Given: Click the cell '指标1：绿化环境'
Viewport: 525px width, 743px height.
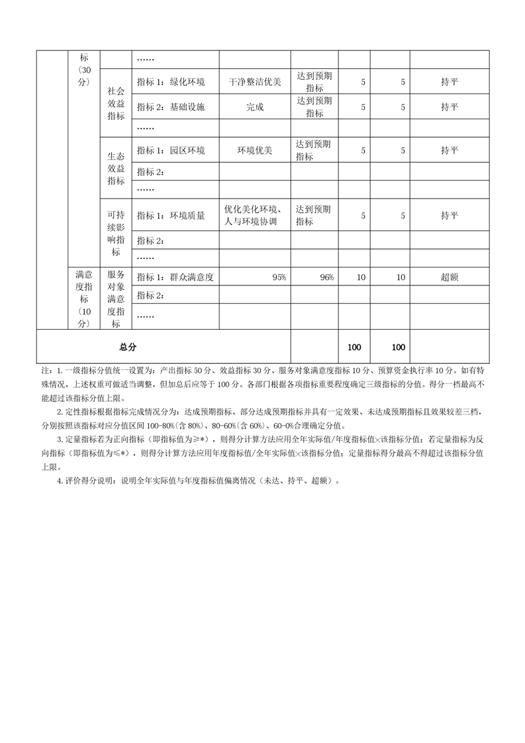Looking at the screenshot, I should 171,82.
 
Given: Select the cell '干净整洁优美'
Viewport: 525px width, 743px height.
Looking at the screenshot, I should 255,82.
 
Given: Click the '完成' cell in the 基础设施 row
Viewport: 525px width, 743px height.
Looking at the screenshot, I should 255,107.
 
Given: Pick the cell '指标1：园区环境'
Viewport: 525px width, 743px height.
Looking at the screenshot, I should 171,150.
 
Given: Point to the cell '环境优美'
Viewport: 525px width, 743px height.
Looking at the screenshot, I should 255,150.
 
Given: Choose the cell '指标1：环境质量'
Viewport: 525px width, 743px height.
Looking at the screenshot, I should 171,215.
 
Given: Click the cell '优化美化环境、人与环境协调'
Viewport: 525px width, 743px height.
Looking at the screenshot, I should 255,215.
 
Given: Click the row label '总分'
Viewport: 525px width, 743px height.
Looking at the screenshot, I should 128,347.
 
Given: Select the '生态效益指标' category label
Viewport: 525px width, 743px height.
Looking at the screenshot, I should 115,169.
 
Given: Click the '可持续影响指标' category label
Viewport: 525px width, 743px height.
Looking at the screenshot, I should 115,233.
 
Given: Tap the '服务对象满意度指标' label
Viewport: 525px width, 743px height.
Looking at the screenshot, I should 115,299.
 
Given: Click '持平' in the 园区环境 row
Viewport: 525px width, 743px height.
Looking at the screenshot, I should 450,150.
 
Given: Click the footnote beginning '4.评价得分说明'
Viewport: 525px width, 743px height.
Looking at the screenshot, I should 199,481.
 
